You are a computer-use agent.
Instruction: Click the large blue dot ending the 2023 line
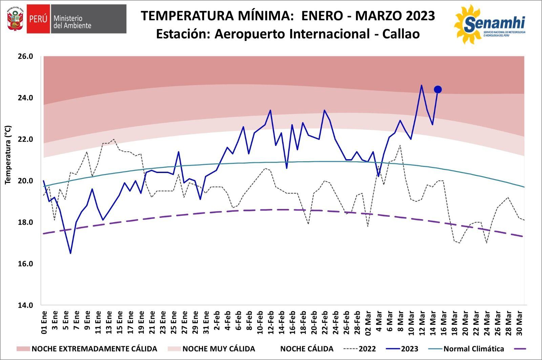pyautogui.click(x=438, y=89)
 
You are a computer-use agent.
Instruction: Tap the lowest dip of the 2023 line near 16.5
pyautogui.click(x=70, y=253)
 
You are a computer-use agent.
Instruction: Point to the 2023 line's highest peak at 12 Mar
pyautogui.click(x=421, y=85)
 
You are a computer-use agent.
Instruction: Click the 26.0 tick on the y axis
pyautogui.click(x=25, y=56)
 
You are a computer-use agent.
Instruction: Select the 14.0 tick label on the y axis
pyautogui.click(x=25, y=305)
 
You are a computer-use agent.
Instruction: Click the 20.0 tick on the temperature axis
pyautogui.click(x=25, y=181)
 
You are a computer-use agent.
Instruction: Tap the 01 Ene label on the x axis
pyautogui.click(x=44, y=322)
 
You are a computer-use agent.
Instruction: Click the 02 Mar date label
pyautogui.click(x=368, y=322)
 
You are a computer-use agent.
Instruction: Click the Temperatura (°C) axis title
pyautogui.click(x=8, y=155)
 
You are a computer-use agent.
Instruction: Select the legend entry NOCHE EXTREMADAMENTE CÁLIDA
pyautogui.click(x=94, y=349)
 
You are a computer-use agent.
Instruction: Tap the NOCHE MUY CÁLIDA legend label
pyautogui.click(x=218, y=349)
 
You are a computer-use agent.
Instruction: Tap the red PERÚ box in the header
pyautogui.click(x=38, y=19)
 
